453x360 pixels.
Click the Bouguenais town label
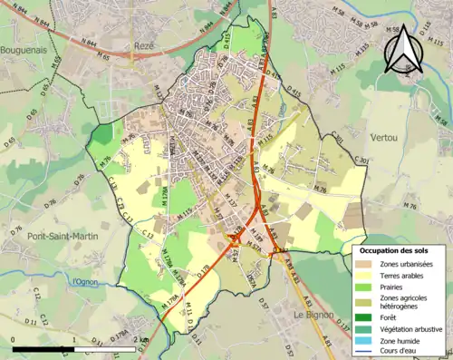(x=23, y=50)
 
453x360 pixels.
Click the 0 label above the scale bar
(x=13, y=340)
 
